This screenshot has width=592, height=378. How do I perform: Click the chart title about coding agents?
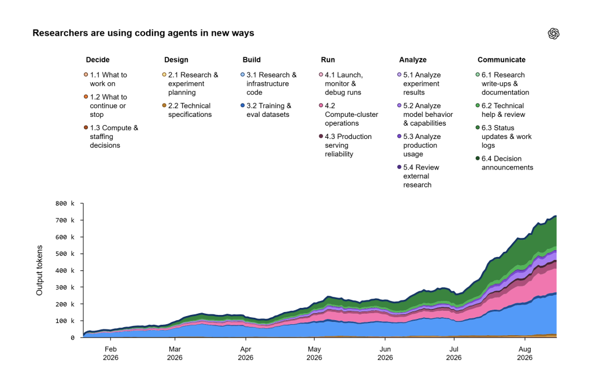point(143,33)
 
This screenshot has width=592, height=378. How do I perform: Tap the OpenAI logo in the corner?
point(553,34)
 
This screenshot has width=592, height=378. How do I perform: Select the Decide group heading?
point(97,60)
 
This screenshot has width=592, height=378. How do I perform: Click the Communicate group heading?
point(501,60)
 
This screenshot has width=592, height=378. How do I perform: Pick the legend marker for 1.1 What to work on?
point(86,75)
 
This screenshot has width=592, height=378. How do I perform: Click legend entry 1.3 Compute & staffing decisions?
point(112,137)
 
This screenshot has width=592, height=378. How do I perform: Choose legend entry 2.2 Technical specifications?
point(187,110)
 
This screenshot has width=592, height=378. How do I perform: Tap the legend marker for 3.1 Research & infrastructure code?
point(243,75)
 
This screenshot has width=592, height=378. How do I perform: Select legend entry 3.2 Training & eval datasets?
point(266,110)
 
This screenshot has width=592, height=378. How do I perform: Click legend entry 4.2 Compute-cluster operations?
point(349,115)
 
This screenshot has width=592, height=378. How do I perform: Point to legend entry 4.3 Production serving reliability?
point(346,145)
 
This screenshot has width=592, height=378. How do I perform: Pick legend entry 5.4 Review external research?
point(419,176)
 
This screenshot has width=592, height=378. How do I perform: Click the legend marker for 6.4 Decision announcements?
point(478,159)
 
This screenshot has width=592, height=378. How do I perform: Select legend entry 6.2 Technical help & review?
point(501,110)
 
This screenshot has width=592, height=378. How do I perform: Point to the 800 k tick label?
point(65,203)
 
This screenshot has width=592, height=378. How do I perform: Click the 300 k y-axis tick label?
point(65,287)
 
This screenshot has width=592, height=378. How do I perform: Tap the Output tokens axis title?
point(39,270)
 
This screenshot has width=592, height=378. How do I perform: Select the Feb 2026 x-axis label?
point(110,353)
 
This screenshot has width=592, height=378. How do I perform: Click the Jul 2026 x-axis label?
point(454,353)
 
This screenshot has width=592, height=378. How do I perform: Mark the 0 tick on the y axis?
point(72,337)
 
